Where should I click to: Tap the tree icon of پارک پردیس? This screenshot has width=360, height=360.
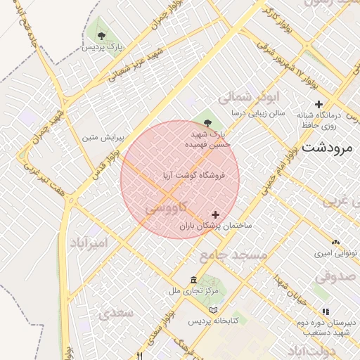coord(102,34)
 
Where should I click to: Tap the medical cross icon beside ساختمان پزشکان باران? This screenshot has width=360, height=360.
coord(215,214)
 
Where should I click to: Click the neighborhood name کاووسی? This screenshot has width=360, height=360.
coord(166,209)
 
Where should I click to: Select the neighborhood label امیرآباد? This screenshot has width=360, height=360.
coord(90,243)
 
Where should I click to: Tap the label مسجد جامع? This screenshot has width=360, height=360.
coord(233,255)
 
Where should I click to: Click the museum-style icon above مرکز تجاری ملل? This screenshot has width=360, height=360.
coord(193,280)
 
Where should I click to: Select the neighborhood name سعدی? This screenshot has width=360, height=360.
coord(117,313)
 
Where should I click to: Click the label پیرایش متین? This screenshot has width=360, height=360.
coord(103,137)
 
